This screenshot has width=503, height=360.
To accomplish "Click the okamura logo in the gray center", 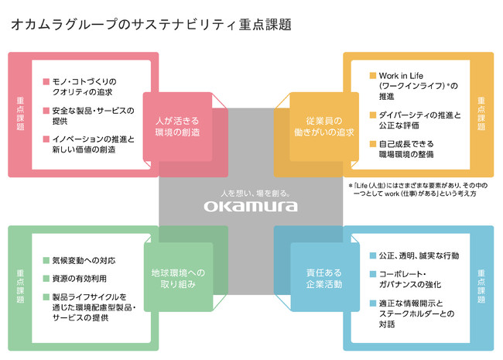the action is click(251, 206).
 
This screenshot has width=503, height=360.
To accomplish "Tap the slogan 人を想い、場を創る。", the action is click(255, 193).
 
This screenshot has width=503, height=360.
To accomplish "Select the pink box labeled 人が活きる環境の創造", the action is click(177, 127).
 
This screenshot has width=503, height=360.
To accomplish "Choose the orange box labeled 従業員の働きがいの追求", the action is click(324, 127).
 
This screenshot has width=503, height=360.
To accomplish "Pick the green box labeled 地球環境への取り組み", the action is click(178, 277).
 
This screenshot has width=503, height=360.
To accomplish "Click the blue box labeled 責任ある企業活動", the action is click(325, 277).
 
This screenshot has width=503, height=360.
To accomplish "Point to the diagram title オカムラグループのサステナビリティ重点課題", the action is click(151, 25).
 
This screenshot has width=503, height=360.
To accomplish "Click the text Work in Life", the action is click(401, 76).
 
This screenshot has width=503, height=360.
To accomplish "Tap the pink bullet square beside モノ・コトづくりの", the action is click(46, 81).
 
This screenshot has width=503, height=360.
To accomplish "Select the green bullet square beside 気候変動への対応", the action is click(46, 260).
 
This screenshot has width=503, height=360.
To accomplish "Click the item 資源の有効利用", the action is click(79, 279).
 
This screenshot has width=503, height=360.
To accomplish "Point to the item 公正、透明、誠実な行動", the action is click(419, 255).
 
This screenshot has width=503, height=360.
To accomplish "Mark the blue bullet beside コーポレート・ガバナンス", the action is click(373, 274).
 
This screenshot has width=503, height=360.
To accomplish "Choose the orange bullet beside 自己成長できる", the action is click(373, 143).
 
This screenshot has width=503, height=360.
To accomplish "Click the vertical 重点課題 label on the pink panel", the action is click(20, 114).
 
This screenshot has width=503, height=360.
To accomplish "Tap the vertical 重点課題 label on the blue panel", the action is click(481, 286).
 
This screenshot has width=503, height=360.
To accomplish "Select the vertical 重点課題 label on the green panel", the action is click(20, 286).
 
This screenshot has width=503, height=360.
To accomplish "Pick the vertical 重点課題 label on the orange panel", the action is click(481, 114).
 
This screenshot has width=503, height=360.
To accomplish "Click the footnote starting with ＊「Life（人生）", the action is click(418, 190).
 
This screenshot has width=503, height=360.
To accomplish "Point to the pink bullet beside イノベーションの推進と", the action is click(46, 139).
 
